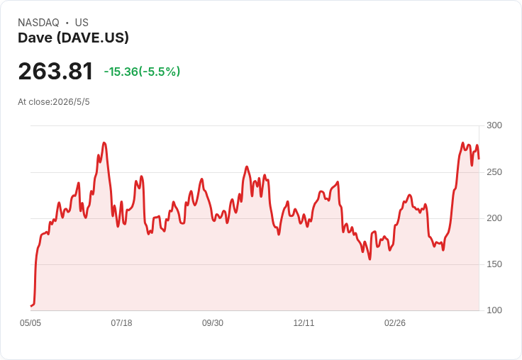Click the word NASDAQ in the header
[x=38, y=23]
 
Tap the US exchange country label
[x=82, y=23]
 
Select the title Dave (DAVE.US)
[x=73, y=38]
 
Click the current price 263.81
[x=55, y=71]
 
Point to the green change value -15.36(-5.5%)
[x=142, y=72]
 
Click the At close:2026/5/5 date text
[x=54, y=102]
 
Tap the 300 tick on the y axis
[x=494, y=125]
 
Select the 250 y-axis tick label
[x=494, y=172]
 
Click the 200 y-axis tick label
[x=494, y=218]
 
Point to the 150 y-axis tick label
[x=494, y=264]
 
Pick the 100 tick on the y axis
[x=494, y=310]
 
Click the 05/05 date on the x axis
[x=30, y=323]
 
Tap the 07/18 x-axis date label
[x=121, y=323]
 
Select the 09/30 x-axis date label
[x=213, y=323]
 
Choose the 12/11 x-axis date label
[x=304, y=323]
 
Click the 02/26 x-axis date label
[x=395, y=323]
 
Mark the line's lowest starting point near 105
[x=31, y=305]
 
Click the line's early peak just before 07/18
[x=104, y=142]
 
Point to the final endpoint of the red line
[x=479, y=159]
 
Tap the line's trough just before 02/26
[x=370, y=259]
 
